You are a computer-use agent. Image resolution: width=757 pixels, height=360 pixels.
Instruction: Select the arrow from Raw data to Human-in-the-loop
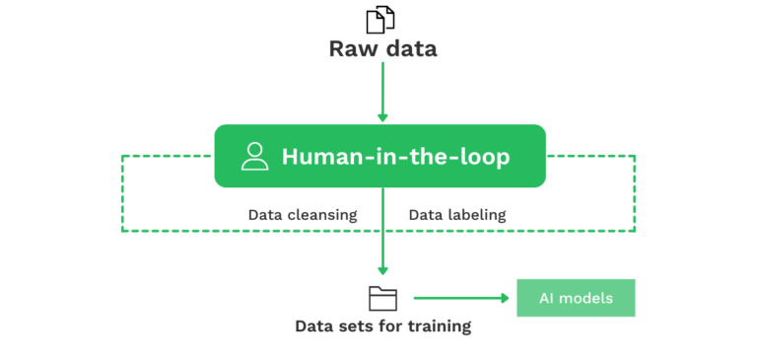[x=381, y=94]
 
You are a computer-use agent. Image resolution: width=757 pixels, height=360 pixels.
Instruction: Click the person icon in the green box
[x=254, y=156]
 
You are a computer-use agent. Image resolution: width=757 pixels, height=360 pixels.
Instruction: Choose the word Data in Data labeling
[x=426, y=214]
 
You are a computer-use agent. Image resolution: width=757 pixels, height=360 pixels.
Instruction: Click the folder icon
[x=382, y=298]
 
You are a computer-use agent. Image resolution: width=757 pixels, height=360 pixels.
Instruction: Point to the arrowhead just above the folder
[x=382, y=270]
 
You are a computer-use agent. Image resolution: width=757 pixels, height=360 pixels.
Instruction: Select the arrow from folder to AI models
[x=458, y=298]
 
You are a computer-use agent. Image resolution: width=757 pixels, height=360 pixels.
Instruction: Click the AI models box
[x=576, y=298]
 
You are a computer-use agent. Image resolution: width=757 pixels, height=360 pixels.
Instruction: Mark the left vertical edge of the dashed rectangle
[x=121, y=192]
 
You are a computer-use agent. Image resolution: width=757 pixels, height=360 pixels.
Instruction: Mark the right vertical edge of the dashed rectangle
[x=635, y=192]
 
